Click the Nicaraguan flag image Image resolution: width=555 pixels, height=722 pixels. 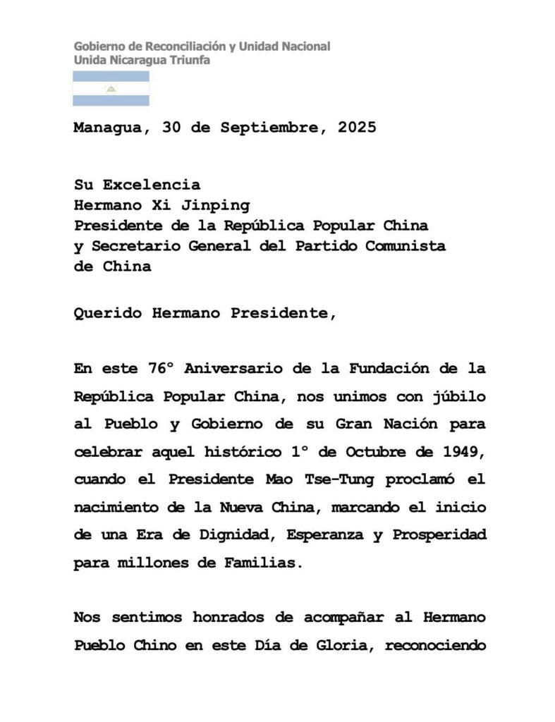111,89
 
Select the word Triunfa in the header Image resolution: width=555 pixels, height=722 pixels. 190,60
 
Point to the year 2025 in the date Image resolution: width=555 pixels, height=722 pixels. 357,128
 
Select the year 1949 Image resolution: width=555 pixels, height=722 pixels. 462,451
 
